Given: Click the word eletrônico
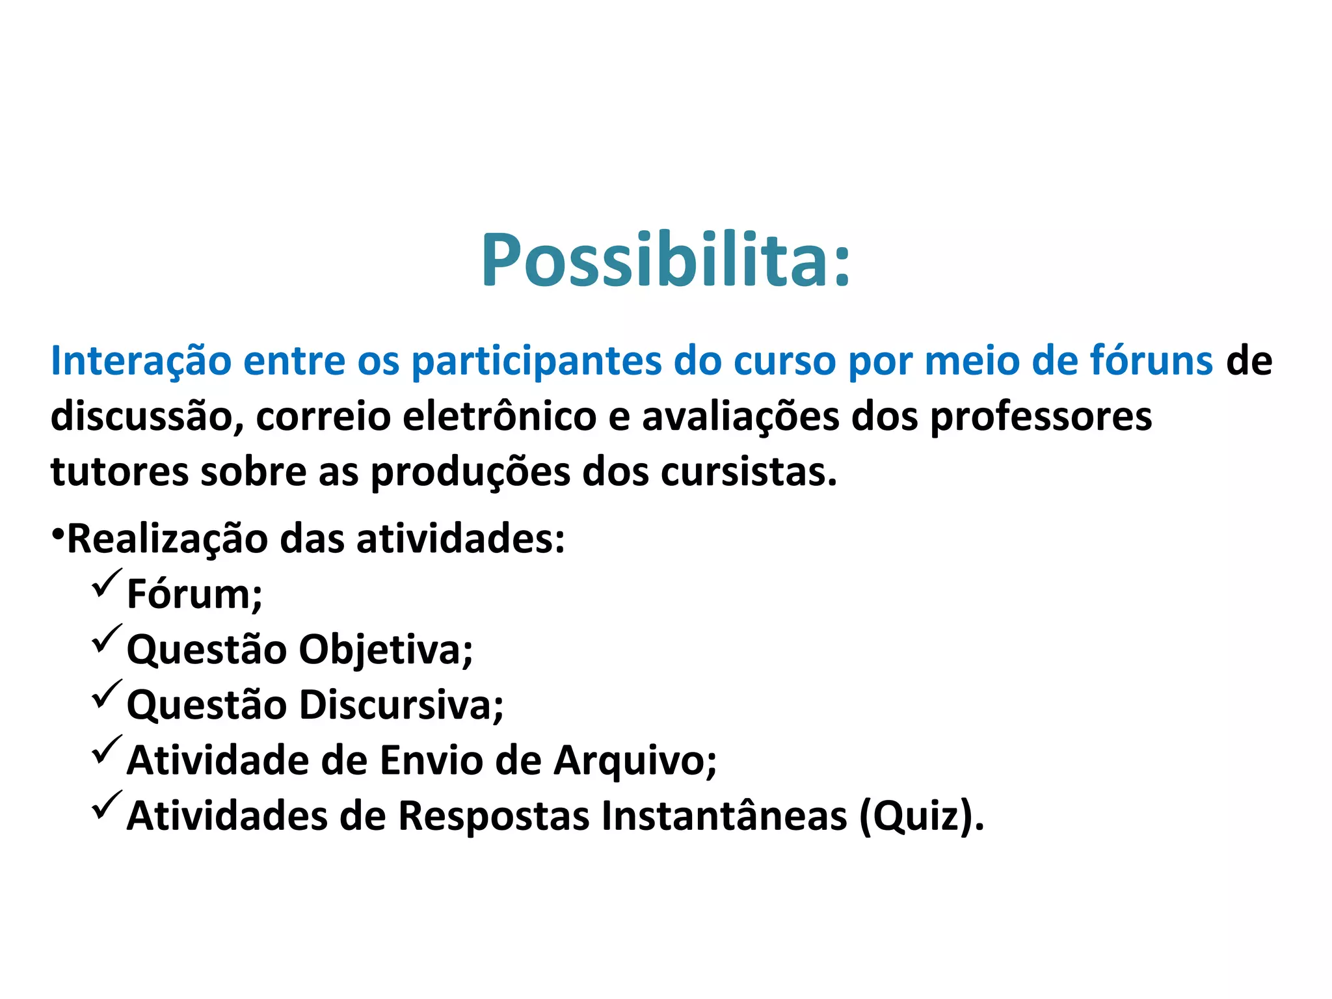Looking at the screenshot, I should [x=499, y=417].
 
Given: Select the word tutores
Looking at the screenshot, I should [x=119, y=472].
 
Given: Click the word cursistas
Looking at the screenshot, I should [x=748, y=472].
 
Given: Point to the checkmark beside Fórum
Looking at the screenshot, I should [x=106, y=583].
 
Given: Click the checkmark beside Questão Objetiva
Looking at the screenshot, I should [x=106, y=639].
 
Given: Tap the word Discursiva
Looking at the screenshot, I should [x=401, y=705].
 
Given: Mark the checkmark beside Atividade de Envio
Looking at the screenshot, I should [x=106, y=750].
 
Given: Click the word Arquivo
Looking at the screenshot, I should [x=635, y=761].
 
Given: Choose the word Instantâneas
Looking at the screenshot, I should [x=724, y=816].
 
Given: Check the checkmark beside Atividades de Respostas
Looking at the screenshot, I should [x=106, y=805].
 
